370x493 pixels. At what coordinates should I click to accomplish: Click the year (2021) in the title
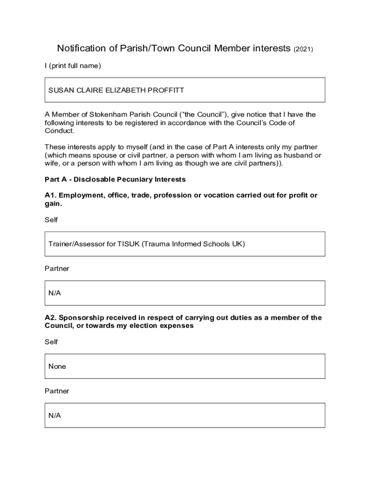[303, 49]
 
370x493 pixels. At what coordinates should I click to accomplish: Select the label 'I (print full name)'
[73, 66]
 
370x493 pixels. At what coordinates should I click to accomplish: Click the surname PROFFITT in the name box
[166, 90]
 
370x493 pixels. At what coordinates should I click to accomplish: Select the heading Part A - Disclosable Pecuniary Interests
[115, 180]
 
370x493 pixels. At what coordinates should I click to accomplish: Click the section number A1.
[50, 195]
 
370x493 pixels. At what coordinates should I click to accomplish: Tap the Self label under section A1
[51, 220]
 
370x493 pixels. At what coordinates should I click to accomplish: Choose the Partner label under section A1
[57, 269]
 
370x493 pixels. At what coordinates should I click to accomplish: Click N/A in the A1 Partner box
[54, 293]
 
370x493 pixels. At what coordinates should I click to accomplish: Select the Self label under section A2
[51, 342]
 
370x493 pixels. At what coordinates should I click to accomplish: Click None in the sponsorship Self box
[57, 366]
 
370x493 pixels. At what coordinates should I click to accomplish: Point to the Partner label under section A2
[57, 391]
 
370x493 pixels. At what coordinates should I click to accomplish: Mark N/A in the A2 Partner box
[54, 415]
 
